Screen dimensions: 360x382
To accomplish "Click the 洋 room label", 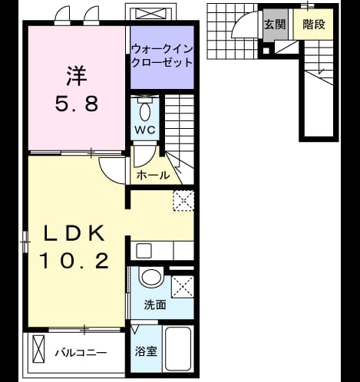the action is click(77, 76).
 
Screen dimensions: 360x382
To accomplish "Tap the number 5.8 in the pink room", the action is click(77, 104).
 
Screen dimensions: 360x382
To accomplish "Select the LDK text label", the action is click(74, 233).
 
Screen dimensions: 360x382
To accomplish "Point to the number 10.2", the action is click(74, 261).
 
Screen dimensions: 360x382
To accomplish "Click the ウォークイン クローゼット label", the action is click(162, 55).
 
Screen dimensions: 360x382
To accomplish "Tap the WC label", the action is click(145, 130).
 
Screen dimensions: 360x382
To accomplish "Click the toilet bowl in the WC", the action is click(145, 111).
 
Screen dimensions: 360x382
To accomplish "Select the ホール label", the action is click(153, 176).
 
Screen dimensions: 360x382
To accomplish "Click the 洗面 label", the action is click(155, 305).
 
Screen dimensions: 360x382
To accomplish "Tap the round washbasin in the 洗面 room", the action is click(150, 277).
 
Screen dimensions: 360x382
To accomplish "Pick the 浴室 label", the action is click(146, 351).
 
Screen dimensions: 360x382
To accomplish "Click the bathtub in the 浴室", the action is click(178, 349).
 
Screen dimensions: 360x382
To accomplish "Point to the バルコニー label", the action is click(81, 353).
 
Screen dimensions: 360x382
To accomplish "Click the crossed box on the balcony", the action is click(38, 349).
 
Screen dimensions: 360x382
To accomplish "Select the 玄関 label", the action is click(275, 25).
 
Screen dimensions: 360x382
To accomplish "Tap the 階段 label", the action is click(314, 25).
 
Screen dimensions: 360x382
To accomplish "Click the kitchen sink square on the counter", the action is click(144, 251).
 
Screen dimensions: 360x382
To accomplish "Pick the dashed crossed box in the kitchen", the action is click(183, 201).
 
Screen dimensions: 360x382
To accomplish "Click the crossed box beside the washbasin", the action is click(183, 287).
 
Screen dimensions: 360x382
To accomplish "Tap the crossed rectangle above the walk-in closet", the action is click(150, 13).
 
